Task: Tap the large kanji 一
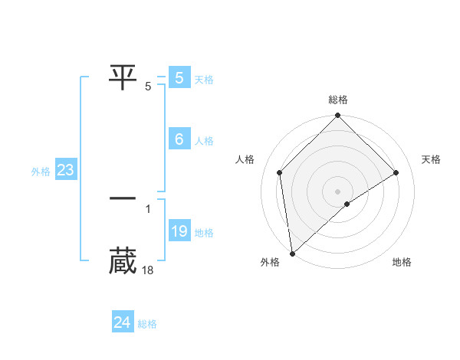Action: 123,198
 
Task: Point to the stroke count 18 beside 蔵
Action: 149,270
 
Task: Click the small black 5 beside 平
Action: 148,86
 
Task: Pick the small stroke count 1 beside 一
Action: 148,208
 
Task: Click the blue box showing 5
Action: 179,78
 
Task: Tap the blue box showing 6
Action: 179,139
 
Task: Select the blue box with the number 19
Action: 179,231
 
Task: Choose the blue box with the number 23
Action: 65,170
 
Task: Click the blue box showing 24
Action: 122,322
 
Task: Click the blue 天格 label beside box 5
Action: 204,80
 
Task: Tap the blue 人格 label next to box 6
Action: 204,141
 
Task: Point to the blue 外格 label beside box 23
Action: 41,172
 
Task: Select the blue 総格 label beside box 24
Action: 147,324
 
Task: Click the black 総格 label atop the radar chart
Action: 337,100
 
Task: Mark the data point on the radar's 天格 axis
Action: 396,172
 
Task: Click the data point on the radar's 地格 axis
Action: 347,204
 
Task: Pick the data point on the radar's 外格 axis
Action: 291,254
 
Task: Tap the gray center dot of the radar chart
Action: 337,191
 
